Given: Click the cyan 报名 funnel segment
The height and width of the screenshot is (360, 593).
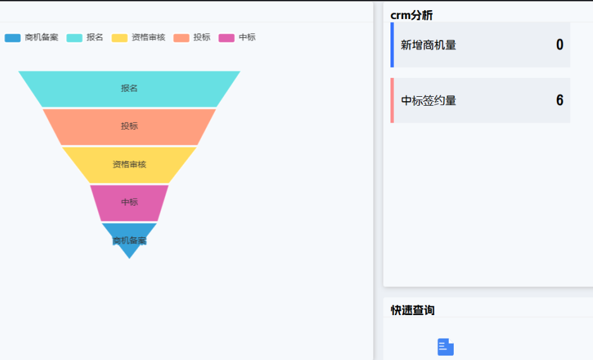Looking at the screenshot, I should tap(129, 89).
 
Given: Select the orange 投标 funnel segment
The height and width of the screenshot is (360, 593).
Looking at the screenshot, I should tap(129, 127).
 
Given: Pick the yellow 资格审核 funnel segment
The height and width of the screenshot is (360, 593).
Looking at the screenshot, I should tap(129, 164).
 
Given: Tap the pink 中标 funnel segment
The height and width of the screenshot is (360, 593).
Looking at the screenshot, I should tap(129, 202).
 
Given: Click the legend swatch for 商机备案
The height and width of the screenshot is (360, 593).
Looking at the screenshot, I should tap(13, 38).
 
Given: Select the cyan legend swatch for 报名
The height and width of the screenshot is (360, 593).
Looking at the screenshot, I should tap(75, 38).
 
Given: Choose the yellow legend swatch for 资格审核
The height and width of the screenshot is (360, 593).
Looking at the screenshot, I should tap(120, 38).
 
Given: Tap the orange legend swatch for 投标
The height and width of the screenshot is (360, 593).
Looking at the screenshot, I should tap(182, 38).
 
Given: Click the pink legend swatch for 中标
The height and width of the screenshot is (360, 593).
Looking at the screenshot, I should tap(227, 38).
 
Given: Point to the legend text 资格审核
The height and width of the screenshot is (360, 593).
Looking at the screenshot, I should tap(148, 37).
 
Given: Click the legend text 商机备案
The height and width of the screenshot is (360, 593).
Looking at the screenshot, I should tap(41, 37).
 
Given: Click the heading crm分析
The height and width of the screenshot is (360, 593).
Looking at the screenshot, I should tap(411, 15).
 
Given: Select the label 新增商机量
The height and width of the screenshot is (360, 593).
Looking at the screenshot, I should tap(428, 45).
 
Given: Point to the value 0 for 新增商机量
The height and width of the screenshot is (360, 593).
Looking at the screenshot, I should tap(559, 45).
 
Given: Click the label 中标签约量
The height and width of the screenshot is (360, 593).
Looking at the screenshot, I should tap(428, 101).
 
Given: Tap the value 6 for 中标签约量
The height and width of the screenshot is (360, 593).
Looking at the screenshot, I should tap(559, 101).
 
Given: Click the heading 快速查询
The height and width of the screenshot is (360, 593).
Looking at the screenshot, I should tap(413, 310).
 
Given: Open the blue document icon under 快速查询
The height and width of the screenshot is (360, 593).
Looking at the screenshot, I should tap(446, 347).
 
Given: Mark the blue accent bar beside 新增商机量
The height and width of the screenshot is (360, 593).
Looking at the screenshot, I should tap(392, 45).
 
